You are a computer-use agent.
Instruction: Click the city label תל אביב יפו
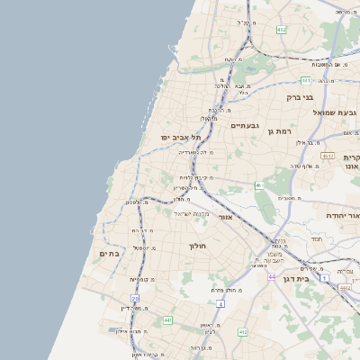[x=179, y=137]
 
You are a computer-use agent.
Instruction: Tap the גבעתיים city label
[x=245, y=125]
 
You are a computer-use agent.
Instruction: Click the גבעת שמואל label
[x=336, y=112]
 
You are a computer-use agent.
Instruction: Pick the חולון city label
[x=198, y=246]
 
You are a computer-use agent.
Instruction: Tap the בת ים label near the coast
[x=109, y=254]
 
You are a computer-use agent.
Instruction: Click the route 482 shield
[x=281, y=30]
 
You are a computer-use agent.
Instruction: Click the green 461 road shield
[x=258, y=185]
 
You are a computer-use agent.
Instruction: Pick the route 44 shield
[x=271, y=277]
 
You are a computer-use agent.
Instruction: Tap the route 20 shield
[x=135, y=298]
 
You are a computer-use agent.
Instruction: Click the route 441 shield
[x=167, y=319]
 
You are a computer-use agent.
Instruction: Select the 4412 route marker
[x=345, y=287]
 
